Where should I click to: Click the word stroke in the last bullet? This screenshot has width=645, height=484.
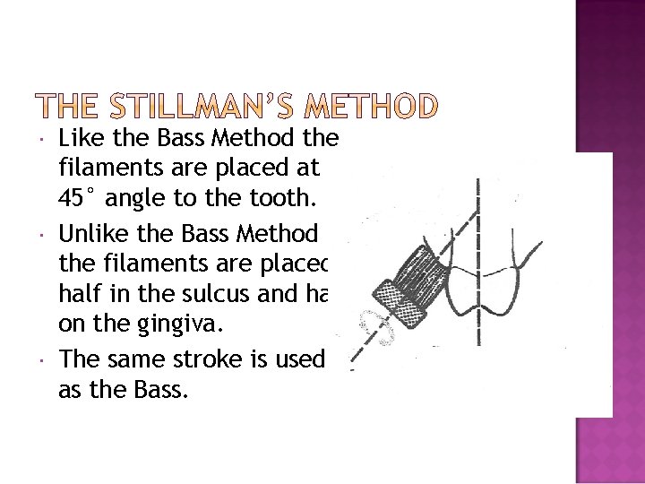pos(212,359)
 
